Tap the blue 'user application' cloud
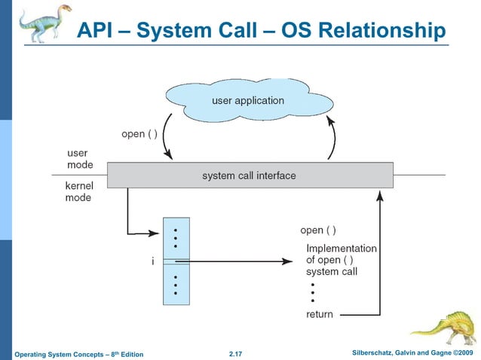pyautogui.click(x=247, y=100)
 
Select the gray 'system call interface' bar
pyautogui.click(x=249, y=175)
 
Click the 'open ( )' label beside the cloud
pyautogui.click(x=139, y=135)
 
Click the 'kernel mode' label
pyautogui.click(x=78, y=191)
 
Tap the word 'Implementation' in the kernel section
pyautogui.click(x=341, y=248)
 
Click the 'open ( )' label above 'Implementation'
pyautogui.click(x=318, y=230)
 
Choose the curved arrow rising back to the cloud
pyautogui.click(x=332, y=139)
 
